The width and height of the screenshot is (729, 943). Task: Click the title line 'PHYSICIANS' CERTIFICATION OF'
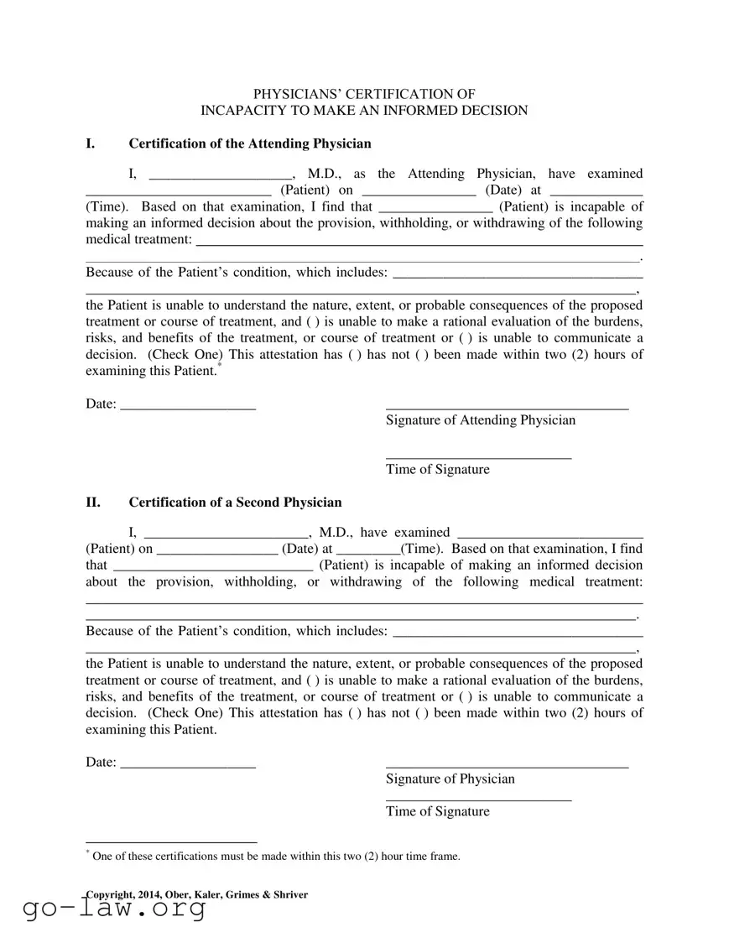click(x=364, y=94)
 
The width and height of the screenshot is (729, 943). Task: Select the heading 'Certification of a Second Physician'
click(x=235, y=503)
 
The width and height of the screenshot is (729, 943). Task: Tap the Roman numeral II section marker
click(x=93, y=503)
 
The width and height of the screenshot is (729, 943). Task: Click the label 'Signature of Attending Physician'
click(x=481, y=419)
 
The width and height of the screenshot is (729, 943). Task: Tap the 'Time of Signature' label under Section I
click(x=437, y=469)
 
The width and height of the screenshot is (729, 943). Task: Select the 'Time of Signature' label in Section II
click(x=437, y=811)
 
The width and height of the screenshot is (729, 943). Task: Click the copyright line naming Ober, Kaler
click(x=196, y=894)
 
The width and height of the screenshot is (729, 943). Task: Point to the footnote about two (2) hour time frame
click(x=276, y=857)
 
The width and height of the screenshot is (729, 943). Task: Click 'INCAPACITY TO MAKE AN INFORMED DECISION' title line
click(x=364, y=111)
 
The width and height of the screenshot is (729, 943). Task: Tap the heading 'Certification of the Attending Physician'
click(x=249, y=143)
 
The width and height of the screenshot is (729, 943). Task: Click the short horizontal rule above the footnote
click(x=171, y=841)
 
